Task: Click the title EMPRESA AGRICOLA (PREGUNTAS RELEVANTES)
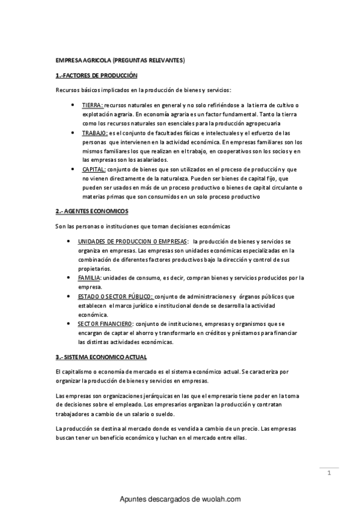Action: coord(120,61)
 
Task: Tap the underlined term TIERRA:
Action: coord(93,105)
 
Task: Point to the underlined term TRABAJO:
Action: coord(95,132)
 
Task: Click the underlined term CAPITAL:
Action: coord(94,170)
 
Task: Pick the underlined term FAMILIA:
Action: coord(90,278)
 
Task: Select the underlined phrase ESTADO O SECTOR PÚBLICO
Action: coord(115,296)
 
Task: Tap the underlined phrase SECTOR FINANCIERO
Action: coord(105,324)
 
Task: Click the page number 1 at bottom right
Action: coord(329,473)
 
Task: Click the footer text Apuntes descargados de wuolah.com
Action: coord(180,499)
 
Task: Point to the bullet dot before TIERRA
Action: coord(73,105)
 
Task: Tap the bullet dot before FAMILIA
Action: coord(73,278)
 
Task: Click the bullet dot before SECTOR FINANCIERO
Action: coord(73,324)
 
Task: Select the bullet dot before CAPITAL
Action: coord(73,170)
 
